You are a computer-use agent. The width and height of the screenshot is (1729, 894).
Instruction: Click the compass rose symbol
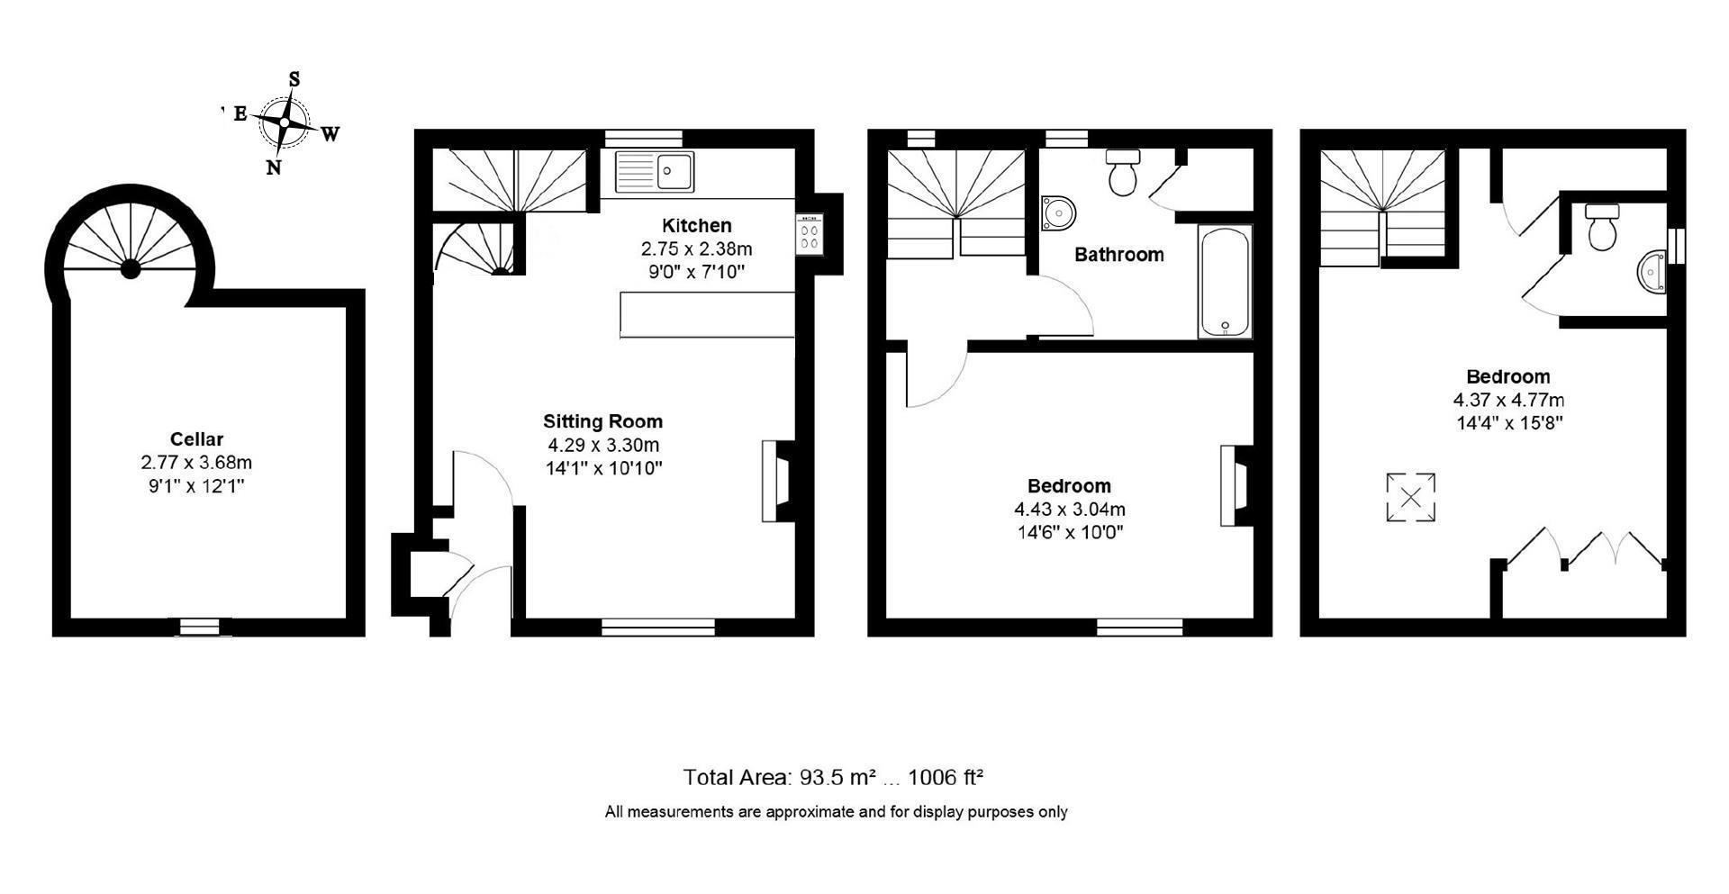[x=285, y=122]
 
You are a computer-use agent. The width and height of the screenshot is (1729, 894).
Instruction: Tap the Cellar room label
[x=196, y=439]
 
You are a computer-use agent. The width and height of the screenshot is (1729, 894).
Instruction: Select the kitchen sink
[x=655, y=171]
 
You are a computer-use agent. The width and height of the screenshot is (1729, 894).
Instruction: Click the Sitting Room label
[x=602, y=421]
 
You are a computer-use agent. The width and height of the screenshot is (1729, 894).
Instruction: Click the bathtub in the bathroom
[x=1225, y=281]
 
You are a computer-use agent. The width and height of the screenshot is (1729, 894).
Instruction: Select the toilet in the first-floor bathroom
[x=1123, y=172]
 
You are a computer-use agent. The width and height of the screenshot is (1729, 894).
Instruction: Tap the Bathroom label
[x=1118, y=255]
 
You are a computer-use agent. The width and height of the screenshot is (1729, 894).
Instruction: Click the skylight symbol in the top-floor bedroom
[x=1410, y=497]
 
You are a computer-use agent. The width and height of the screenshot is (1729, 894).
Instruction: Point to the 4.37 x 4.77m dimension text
[x=1508, y=400]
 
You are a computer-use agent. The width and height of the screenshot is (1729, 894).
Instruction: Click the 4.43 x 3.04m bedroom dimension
[x=1070, y=510]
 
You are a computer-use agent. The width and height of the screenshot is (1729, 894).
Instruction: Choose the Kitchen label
[x=696, y=225]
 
